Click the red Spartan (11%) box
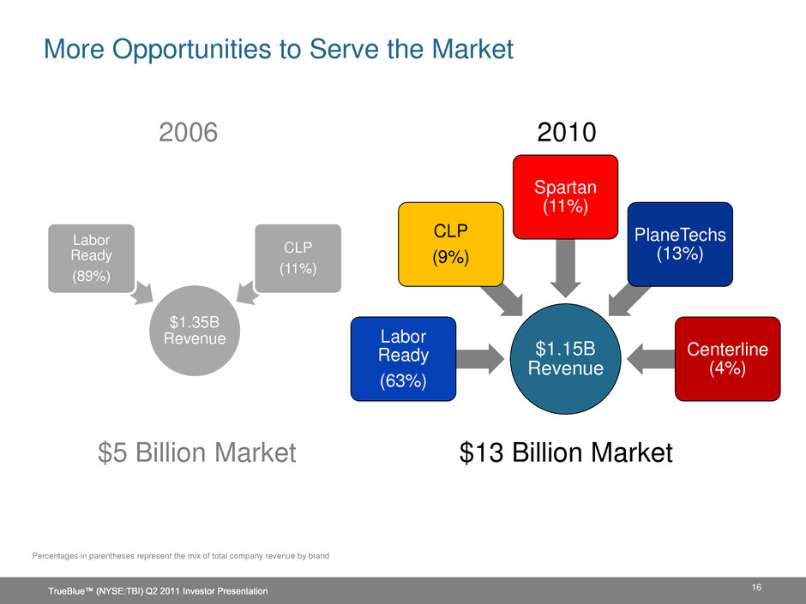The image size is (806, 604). [565, 197]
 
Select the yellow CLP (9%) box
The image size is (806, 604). [451, 244]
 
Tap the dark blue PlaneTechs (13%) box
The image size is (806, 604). [680, 244]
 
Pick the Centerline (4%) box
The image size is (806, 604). [727, 358]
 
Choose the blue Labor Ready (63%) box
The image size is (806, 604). [404, 358]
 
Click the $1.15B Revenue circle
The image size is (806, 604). [565, 358]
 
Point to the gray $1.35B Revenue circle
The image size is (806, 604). [195, 330]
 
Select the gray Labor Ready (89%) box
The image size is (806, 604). [92, 259]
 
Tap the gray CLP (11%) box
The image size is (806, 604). [298, 259]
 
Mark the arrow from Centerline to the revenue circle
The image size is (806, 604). [651, 358]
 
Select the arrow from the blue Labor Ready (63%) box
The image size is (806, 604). [480, 358]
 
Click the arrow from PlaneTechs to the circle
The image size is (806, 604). [629, 300]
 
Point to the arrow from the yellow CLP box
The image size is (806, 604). [502, 300]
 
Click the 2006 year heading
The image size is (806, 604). [188, 133]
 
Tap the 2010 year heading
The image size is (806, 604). [567, 133]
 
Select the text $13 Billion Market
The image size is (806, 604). [566, 452]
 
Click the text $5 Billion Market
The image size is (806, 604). [197, 452]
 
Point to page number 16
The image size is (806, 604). [756, 587]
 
